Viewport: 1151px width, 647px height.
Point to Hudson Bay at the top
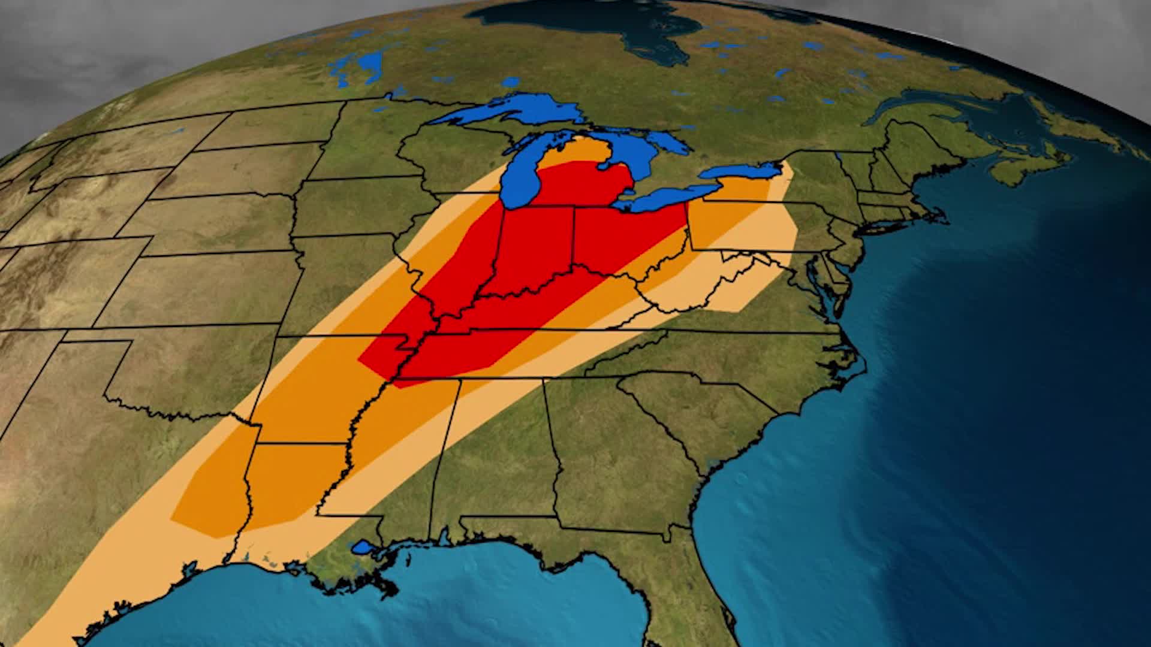(599, 24)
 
